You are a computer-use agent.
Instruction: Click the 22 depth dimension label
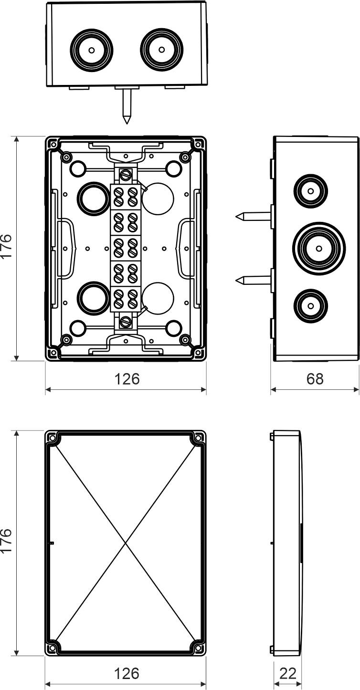[287, 673]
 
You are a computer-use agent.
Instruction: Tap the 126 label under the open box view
[127, 378]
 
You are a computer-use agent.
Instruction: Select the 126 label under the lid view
[127, 673]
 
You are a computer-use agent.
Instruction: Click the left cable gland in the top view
[92, 49]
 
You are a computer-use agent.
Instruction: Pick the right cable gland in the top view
[162, 49]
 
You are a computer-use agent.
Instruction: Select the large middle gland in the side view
[318, 247]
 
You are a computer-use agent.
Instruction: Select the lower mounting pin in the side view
[253, 280]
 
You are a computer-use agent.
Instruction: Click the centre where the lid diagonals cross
[126, 543]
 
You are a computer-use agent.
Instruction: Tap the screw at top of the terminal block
[126, 175]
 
